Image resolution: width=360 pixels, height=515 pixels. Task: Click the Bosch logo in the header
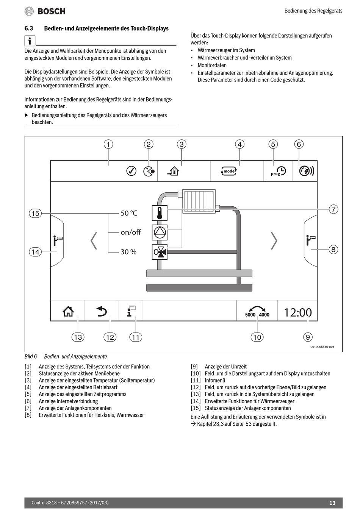(x=45, y=11)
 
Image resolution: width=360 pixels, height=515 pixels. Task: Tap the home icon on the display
(x=68, y=311)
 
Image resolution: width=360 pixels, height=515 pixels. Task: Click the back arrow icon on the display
(x=102, y=311)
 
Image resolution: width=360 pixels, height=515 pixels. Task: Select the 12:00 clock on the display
(x=298, y=312)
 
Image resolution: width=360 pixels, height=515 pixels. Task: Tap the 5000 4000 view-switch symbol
(x=257, y=311)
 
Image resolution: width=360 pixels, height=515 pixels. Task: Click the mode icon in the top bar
(x=229, y=171)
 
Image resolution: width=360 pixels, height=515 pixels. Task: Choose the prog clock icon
(x=279, y=171)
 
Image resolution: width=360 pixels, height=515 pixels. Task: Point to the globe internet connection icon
(x=306, y=171)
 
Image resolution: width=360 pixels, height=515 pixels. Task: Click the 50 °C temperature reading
(x=129, y=213)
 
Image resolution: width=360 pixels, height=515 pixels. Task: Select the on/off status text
(x=131, y=232)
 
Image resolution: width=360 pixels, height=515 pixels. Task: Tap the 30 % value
(x=128, y=252)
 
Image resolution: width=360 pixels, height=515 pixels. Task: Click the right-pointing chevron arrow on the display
(x=274, y=241)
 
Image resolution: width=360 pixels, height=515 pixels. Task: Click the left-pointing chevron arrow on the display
(x=94, y=241)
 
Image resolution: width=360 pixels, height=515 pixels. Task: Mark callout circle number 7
(x=333, y=209)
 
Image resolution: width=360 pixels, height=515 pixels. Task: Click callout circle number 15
(x=35, y=213)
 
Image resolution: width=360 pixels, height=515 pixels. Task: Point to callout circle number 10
(x=257, y=337)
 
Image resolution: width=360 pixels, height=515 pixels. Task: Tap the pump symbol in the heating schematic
(x=160, y=233)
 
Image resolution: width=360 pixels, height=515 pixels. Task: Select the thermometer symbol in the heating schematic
(x=160, y=213)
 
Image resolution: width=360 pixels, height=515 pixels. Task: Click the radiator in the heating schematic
(x=199, y=201)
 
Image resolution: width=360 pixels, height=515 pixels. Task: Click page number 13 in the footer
(x=332, y=503)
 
